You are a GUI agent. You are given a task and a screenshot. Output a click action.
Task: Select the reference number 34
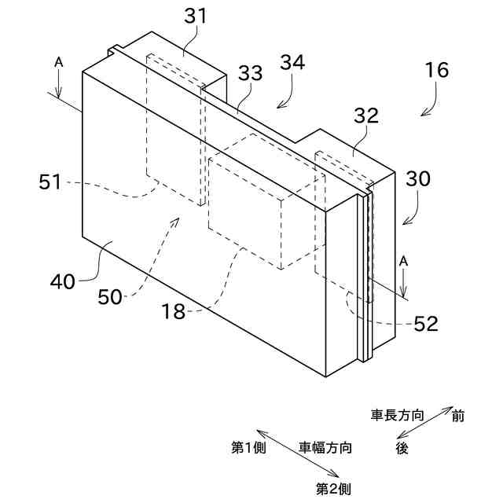pos(292,63)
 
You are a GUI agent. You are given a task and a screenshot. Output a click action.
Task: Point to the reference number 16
pos(437,70)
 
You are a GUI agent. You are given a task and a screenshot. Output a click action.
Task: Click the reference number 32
pos(367,116)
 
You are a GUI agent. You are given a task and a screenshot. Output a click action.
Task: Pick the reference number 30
pos(418,178)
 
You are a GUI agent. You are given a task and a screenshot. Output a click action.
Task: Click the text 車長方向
pos(398,415)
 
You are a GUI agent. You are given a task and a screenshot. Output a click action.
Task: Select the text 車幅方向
pos(325,448)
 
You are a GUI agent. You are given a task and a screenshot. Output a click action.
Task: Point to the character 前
pos(457,416)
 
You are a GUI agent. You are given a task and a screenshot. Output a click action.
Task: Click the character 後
pos(402,448)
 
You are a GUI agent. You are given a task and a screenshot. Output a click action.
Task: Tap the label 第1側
pos(249,448)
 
